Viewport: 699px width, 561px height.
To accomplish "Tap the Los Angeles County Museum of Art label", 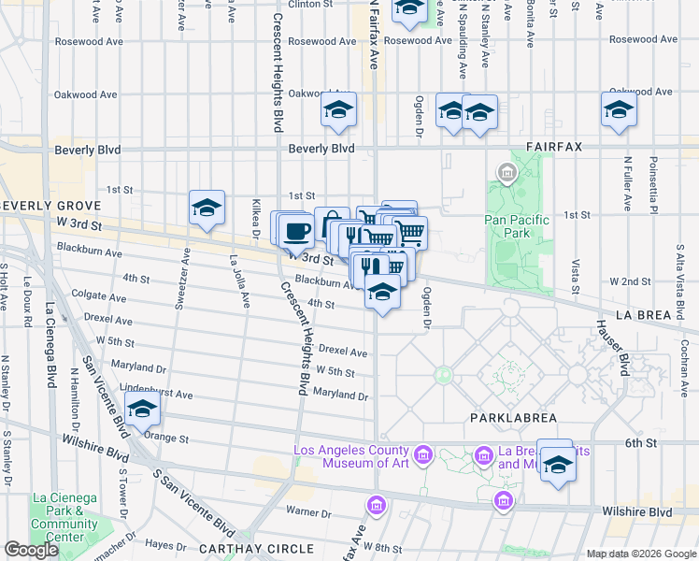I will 350,456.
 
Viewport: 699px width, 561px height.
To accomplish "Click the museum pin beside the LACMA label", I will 422,455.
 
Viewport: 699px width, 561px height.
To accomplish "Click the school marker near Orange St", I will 142,410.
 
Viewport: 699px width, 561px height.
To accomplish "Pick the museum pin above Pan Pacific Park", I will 506,173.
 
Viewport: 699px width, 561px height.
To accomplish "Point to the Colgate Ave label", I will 98,297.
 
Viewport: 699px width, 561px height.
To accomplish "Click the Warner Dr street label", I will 303,511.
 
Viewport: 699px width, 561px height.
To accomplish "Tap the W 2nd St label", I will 630,281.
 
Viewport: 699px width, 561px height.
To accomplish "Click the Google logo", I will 31,550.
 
